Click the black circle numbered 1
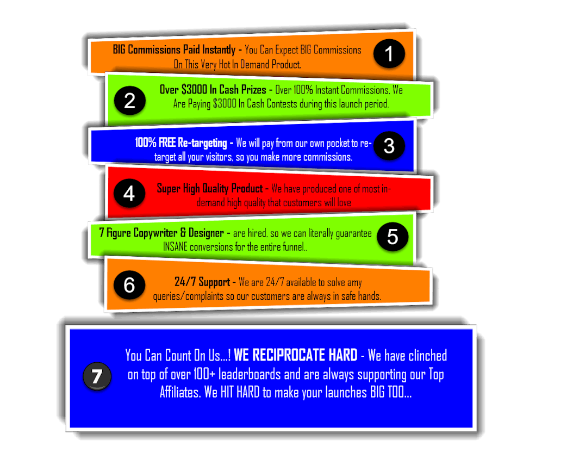pyautogui.click(x=389, y=54)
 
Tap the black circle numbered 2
pyautogui.click(x=129, y=101)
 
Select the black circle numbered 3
pyautogui.click(x=389, y=146)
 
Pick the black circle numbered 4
pyautogui.click(x=129, y=194)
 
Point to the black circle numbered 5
pyautogui.click(x=393, y=237)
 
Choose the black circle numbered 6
pyautogui.click(x=129, y=285)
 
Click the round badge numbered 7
pyautogui.click(x=97, y=377)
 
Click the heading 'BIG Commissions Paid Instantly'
pyautogui.click(x=174, y=50)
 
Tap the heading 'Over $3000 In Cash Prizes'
pyautogui.click(x=213, y=90)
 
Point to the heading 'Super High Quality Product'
pyautogui.click(x=209, y=189)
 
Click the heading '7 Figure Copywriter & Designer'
pyautogui.click(x=161, y=233)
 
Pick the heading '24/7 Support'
pyautogui.click(x=201, y=282)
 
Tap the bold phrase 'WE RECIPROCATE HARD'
pyautogui.click(x=296, y=356)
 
